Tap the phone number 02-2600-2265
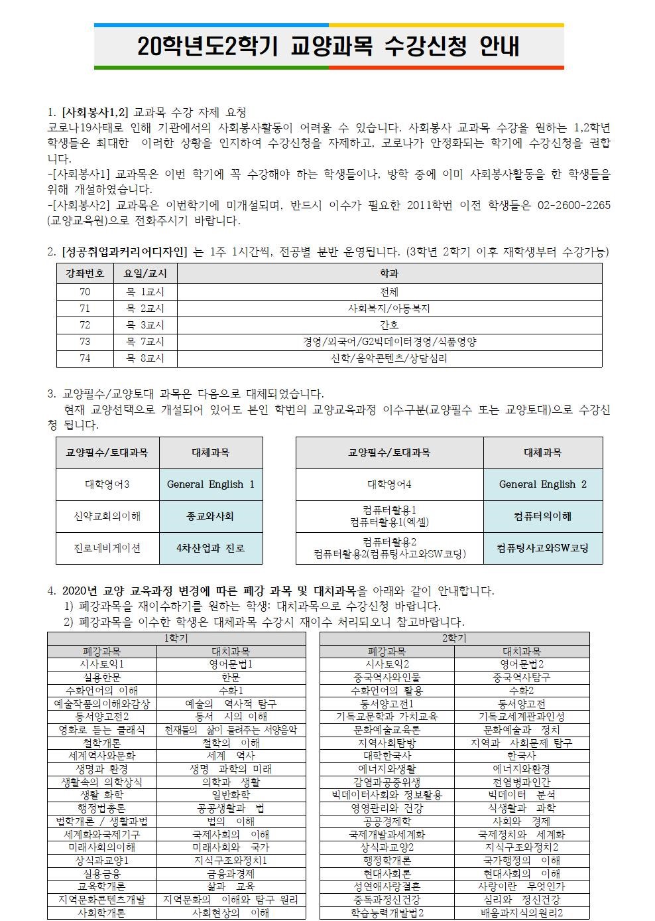tap(571, 206)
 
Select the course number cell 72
tap(85, 325)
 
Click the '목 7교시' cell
tap(145, 342)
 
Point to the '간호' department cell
tap(389, 325)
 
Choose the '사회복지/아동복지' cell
tap(389, 308)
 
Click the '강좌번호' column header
tap(85, 273)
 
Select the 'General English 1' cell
tap(211, 484)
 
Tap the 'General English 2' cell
tap(542, 484)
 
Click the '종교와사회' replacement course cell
tap(211, 516)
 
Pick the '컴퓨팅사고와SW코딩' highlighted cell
tap(542, 548)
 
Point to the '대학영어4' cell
tap(389, 484)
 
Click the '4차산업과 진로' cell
tap(211, 548)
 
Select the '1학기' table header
tap(176, 638)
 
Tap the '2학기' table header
tap(454, 638)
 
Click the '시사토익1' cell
tap(102, 664)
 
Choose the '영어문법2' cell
tap(522, 664)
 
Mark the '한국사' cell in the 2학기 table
tap(522, 755)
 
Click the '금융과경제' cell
tap(231, 874)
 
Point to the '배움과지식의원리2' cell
tap(522, 913)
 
